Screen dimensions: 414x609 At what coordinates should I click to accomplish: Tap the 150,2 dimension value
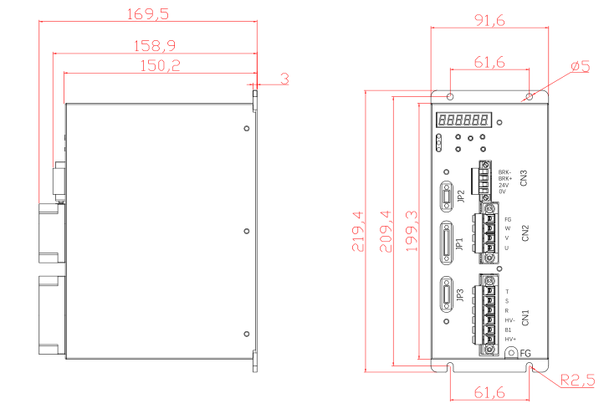point(159,65)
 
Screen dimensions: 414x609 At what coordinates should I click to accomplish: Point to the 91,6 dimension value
point(489,20)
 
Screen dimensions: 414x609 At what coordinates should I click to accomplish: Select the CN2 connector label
point(525,233)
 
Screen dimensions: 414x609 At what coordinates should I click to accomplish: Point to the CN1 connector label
point(525,318)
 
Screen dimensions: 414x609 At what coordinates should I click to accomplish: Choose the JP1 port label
point(461,245)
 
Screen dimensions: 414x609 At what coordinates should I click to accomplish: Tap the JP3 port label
point(461,299)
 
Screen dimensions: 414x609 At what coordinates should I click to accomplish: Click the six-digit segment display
point(464,120)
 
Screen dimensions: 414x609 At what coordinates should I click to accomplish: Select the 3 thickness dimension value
point(284,79)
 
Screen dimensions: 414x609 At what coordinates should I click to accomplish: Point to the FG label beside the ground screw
point(525,354)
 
